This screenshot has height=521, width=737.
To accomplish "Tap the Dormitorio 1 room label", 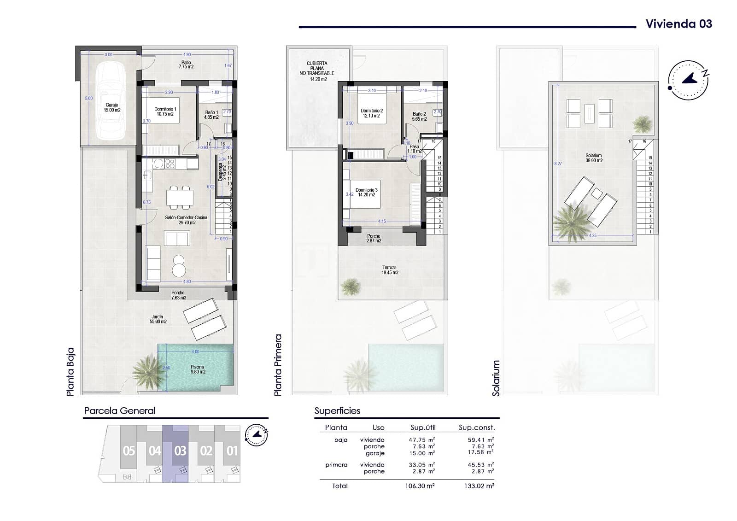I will pyautogui.click(x=165, y=111).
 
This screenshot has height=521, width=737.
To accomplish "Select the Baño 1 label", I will pyautogui.click(x=211, y=114).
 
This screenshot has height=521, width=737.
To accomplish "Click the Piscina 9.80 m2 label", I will pyautogui.click(x=197, y=369).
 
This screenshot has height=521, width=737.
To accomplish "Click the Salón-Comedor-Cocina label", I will pyautogui.click(x=187, y=220).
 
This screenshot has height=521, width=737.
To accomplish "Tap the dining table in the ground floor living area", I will pyautogui.click(x=180, y=197).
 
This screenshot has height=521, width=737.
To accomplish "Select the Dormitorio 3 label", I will pyautogui.click(x=367, y=192).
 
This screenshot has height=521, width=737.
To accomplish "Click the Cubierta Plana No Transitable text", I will pyautogui.click(x=317, y=68).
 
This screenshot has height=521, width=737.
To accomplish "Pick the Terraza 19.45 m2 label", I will pyautogui.click(x=389, y=270).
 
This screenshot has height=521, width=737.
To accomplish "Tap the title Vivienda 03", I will pyautogui.click(x=679, y=24).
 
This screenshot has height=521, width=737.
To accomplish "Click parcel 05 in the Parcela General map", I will pyautogui.click(x=129, y=451).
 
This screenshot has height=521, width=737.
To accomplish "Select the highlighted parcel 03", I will pyautogui.click(x=180, y=451).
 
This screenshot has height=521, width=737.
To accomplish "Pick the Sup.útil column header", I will pyautogui.click(x=422, y=427).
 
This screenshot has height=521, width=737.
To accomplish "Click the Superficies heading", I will pyautogui.click(x=337, y=410).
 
